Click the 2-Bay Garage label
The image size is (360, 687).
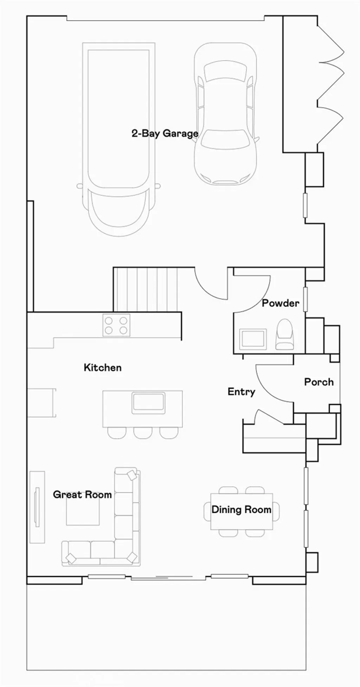pyautogui.click(x=165, y=134)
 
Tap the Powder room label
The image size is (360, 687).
pyautogui.click(x=281, y=303)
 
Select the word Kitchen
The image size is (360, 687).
pyautogui.click(x=103, y=367)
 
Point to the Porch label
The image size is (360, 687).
pyautogui.click(x=319, y=382)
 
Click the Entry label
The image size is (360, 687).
pyautogui.click(x=242, y=392)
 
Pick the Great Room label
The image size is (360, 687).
pyautogui.click(x=82, y=495)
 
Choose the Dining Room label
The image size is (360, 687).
pyautogui.click(x=242, y=509)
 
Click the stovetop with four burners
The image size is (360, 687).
pyautogui.click(x=116, y=325)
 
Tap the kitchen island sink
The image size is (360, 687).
pyautogui.click(x=148, y=403)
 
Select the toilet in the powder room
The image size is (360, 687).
pyautogui.click(x=284, y=334)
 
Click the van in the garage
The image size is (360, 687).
pyautogui.click(x=119, y=139)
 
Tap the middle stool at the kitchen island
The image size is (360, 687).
pyautogui.click(x=143, y=433)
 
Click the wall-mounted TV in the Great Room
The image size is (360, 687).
pyautogui.click(x=37, y=507)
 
